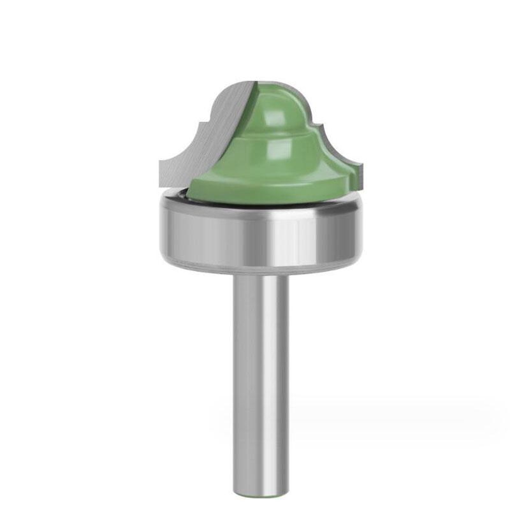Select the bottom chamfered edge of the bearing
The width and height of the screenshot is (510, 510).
261,267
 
